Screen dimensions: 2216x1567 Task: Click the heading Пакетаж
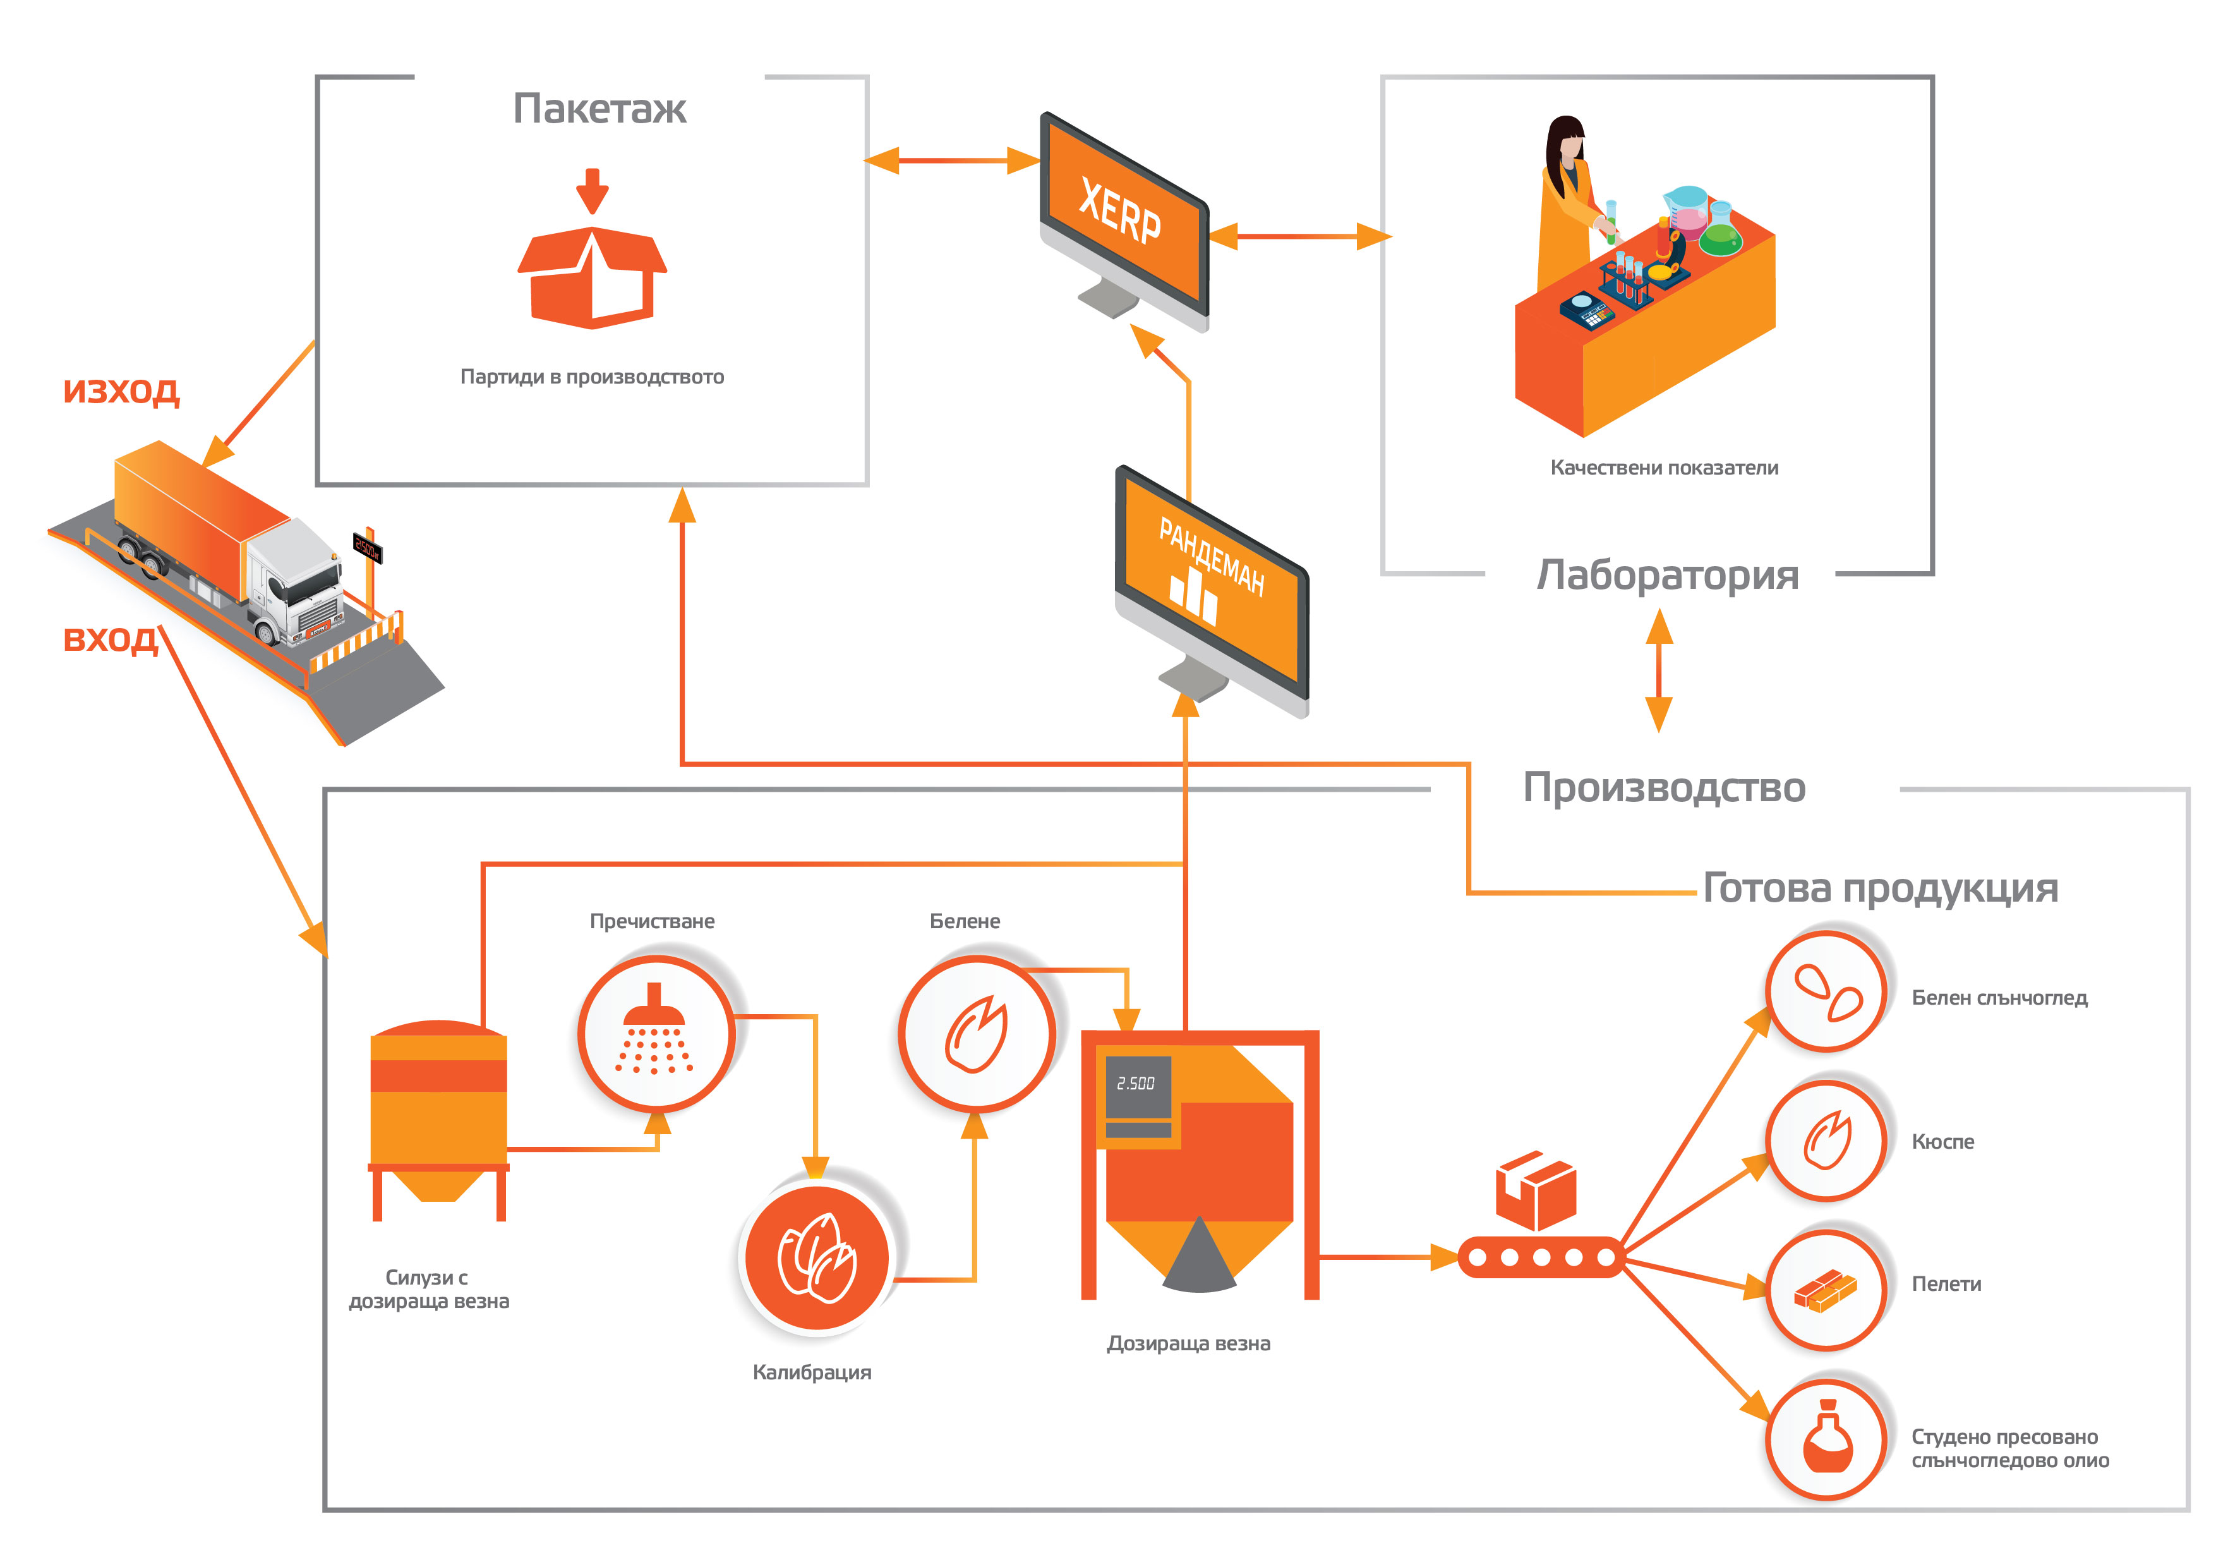pos(599,109)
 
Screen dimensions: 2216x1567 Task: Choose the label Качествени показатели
pos(1664,468)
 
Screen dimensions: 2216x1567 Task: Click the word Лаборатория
pos(1668,576)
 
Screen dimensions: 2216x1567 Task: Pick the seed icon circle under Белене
pos(976,1034)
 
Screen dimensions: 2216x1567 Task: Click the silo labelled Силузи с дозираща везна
pos(438,1120)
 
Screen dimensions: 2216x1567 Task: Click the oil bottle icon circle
pos(1826,1439)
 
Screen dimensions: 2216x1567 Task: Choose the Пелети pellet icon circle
pos(1826,1290)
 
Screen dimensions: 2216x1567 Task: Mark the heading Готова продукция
pos(1880,889)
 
